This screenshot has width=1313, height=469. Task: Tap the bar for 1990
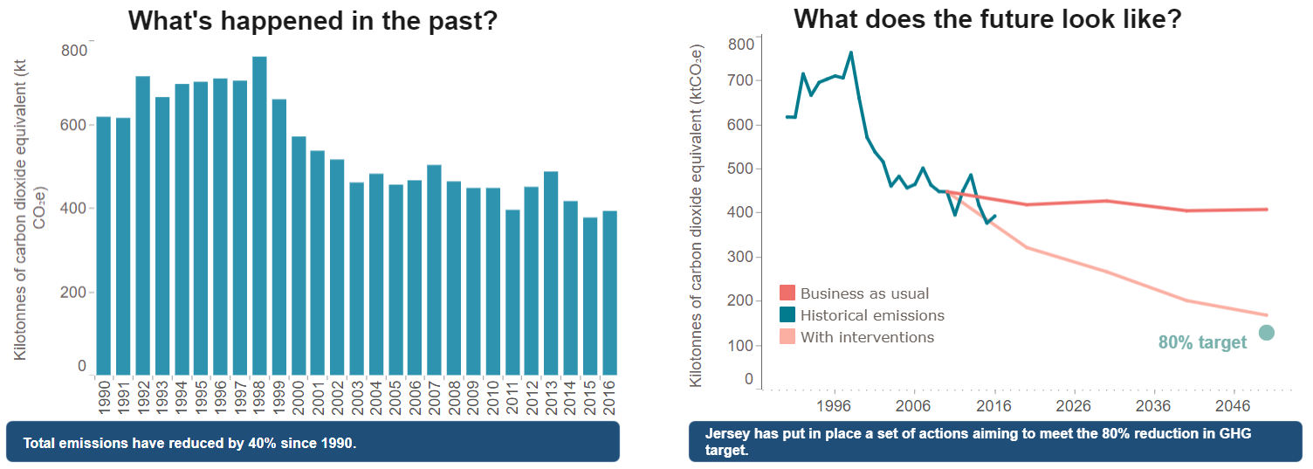tap(103, 245)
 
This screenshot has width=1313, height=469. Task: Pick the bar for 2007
tap(434, 270)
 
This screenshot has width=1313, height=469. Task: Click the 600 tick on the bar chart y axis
tap(74, 125)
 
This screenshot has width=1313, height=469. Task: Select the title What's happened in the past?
tap(313, 21)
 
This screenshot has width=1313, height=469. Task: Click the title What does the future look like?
tap(987, 19)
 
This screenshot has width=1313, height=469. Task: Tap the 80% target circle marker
tap(1267, 332)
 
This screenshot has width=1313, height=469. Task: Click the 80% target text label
tap(1202, 342)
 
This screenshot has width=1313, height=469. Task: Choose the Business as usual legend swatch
tap(787, 293)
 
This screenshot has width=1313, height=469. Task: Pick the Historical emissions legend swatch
tap(787, 315)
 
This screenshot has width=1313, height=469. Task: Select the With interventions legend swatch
tap(787, 337)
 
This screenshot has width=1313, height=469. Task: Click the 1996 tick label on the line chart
tap(835, 406)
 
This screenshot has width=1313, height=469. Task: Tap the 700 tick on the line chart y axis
tap(740, 80)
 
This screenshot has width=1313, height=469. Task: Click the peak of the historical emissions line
tap(851, 52)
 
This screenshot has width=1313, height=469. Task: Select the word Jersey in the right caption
tap(725, 434)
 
